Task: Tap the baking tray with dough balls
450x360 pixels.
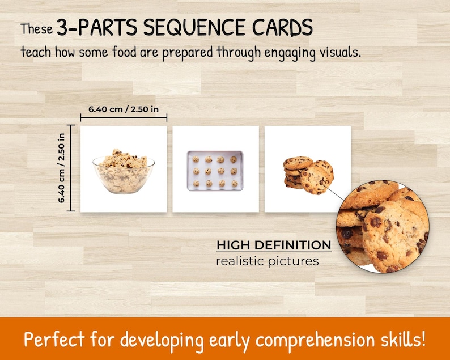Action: (x=215, y=170)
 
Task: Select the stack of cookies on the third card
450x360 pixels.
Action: (x=307, y=173)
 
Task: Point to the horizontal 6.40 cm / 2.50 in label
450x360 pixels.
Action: (x=124, y=109)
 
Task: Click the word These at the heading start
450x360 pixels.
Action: (x=37, y=28)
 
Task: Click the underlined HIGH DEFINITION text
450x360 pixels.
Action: (x=274, y=245)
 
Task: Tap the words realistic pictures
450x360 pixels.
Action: (x=267, y=261)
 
